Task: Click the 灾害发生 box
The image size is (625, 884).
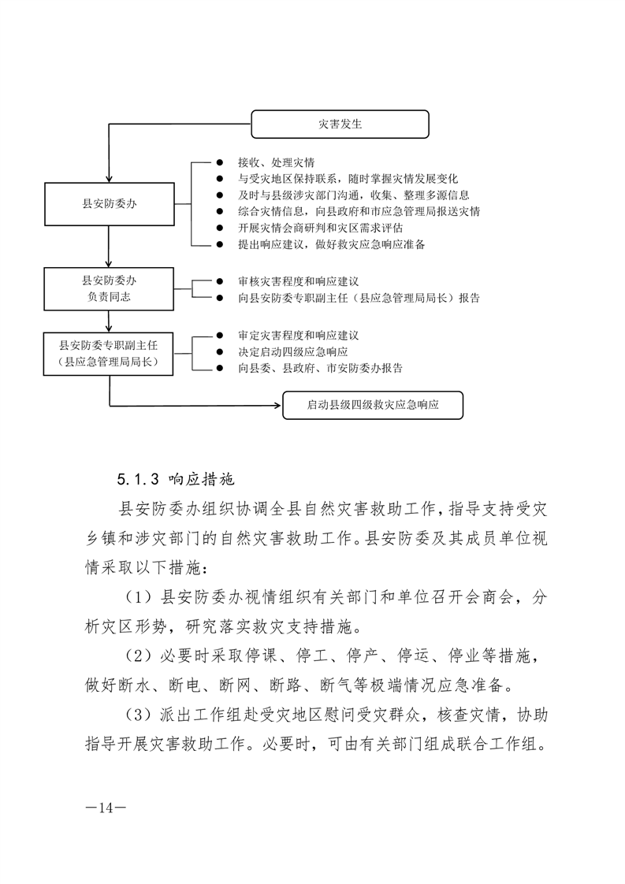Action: point(340,124)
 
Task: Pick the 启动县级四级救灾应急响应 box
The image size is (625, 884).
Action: point(373,407)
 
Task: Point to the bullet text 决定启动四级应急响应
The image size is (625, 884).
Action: point(292,351)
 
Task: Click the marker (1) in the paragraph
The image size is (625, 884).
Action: point(140,596)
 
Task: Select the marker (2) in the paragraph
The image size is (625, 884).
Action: point(140,655)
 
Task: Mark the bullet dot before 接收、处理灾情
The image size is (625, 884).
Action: point(220,162)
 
